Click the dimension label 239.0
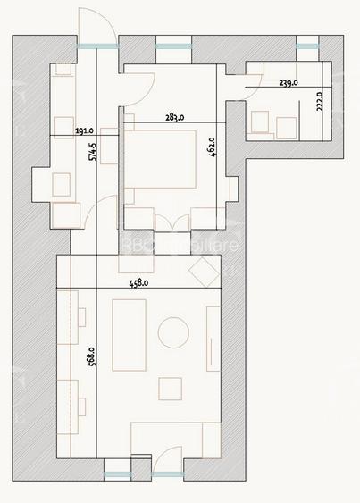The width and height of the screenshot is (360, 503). (289, 82)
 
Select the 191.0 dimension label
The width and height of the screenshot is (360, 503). (85, 130)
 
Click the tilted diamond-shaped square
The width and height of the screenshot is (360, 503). (205, 270)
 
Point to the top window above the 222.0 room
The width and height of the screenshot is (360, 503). (306, 46)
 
